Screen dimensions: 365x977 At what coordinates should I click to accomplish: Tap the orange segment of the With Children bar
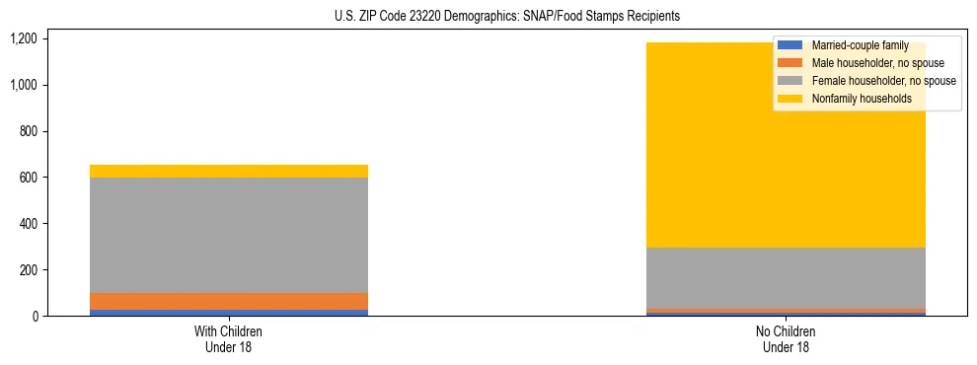pos(228,301)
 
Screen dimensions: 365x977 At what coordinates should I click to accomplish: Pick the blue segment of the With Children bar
pos(228,313)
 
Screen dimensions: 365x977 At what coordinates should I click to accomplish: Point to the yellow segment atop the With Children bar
pos(228,171)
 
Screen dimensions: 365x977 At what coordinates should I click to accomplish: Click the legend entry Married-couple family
pos(860,45)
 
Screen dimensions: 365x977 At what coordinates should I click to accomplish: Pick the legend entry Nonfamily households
pos(855,99)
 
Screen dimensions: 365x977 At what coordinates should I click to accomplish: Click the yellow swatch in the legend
pos(790,99)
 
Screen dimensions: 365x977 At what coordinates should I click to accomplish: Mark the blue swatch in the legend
pos(790,45)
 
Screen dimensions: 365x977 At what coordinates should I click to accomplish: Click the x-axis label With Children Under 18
pos(228,338)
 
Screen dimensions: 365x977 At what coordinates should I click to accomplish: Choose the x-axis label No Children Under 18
pos(786,338)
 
